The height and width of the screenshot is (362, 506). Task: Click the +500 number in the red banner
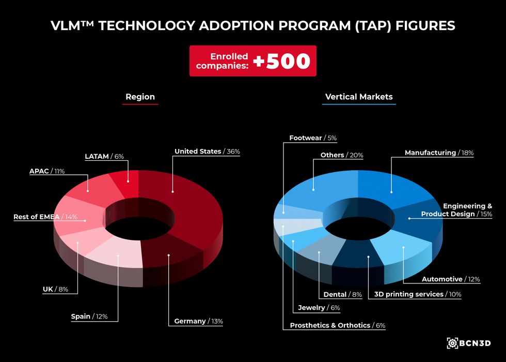(281, 61)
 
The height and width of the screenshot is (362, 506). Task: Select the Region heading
(140, 97)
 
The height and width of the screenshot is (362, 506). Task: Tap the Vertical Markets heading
(359, 97)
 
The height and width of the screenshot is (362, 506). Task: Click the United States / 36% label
(207, 152)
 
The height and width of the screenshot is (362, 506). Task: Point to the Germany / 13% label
(198, 321)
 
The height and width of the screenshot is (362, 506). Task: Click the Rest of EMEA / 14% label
(45, 217)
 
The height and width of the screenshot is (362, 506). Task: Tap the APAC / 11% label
(47, 171)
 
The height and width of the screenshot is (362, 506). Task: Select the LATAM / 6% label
(104, 156)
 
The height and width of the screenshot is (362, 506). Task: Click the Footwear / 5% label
(313, 138)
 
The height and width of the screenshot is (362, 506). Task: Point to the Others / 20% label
(341, 155)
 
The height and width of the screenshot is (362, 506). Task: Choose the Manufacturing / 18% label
(439, 153)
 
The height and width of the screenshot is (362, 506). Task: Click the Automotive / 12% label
(451, 279)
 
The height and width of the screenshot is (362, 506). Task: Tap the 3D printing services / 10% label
(417, 294)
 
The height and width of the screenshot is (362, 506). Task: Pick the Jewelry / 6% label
(319, 308)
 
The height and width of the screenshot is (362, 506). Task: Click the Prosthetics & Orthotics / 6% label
(338, 325)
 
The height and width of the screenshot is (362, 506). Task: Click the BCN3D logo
(469, 343)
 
